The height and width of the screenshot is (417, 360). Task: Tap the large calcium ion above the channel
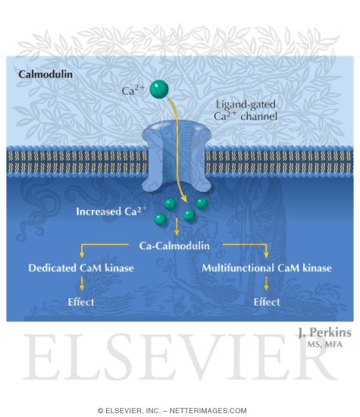[x=159, y=89]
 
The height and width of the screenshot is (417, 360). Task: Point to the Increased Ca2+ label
[x=111, y=211]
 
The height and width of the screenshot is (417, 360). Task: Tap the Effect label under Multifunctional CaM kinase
[x=267, y=302]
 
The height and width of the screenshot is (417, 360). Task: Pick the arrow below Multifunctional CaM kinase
[x=267, y=284]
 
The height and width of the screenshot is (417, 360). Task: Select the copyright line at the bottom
[x=180, y=410]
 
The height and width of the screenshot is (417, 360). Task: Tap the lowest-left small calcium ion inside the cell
[x=161, y=219]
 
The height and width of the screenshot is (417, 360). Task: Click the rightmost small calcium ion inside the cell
[x=202, y=204]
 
